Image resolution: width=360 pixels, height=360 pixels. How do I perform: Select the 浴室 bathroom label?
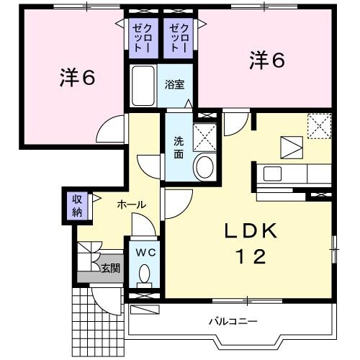175,84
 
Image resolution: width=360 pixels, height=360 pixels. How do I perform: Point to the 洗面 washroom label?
177,147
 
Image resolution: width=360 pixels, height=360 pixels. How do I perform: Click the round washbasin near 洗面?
204,168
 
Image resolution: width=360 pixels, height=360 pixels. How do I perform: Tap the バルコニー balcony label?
233,320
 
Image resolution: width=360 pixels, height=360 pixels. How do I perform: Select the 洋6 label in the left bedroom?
77,77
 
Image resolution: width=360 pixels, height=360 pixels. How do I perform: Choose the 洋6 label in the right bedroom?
267,60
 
